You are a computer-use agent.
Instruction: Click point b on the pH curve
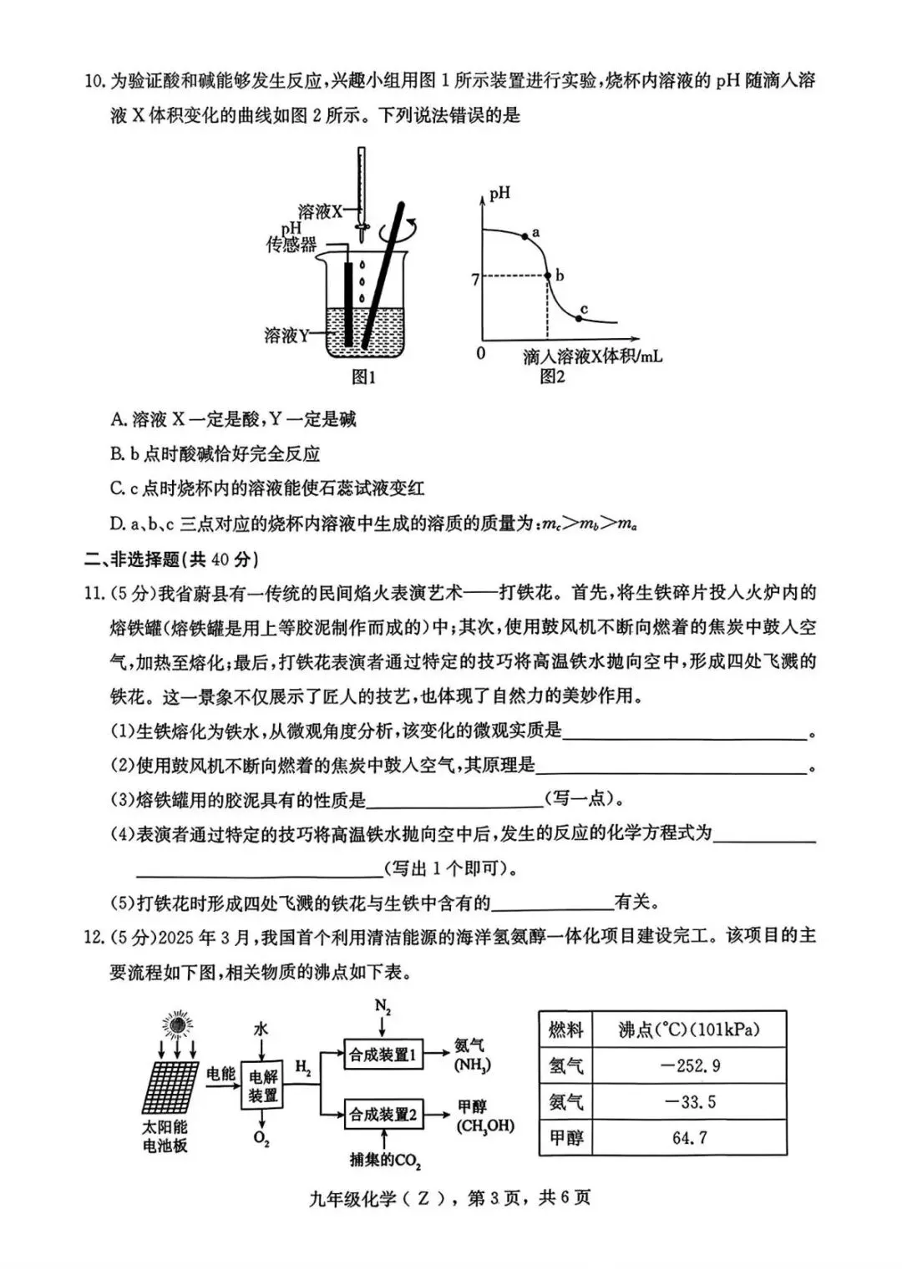(x=548, y=275)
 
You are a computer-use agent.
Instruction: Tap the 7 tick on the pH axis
(x=475, y=280)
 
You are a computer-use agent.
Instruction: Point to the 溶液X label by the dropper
(x=320, y=211)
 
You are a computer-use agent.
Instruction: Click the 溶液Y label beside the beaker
(x=286, y=336)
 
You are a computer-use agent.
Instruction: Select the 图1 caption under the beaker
(x=363, y=377)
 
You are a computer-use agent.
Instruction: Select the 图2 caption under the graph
(x=552, y=377)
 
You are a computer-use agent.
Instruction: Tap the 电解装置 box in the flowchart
(x=262, y=1085)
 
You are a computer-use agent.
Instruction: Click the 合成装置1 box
(x=383, y=1055)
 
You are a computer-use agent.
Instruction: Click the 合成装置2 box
(x=383, y=1114)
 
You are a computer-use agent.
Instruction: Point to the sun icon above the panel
(x=177, y=1022)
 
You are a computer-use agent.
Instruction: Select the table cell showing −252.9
(x=689, y=1065)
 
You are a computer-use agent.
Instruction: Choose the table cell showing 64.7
(x=689, y=1137)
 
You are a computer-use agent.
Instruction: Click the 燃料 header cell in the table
(x=565, y=1030)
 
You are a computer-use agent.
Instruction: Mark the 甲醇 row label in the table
(x=565, y=1137)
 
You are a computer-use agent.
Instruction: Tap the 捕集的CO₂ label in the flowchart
(x=384, y=1160)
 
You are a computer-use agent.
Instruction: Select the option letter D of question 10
(x=117, y=524)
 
